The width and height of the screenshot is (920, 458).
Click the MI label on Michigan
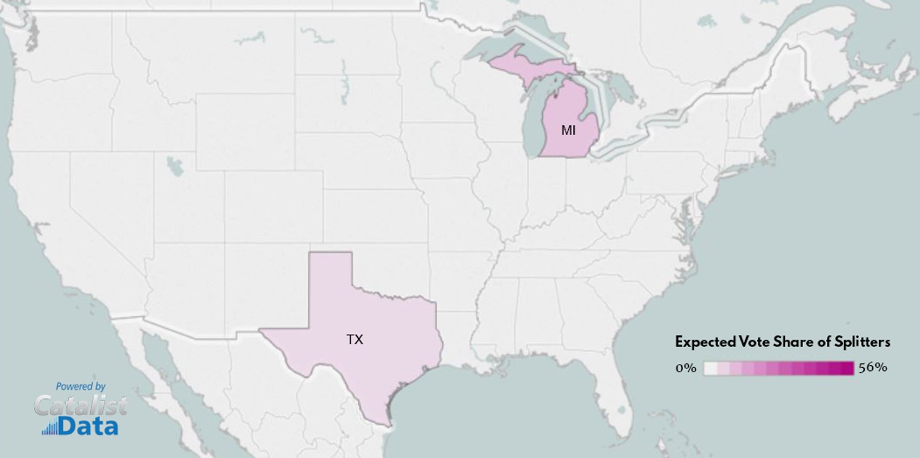[x=568, y=131]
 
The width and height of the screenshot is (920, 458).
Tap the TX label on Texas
[x=354, y=340]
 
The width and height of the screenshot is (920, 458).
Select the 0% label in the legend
[x=686, y=368]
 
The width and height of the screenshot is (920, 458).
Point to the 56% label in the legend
[x=873, y=367]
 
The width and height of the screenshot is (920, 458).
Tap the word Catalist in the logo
[x=81, y=406]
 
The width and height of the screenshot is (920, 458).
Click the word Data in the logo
[x=88, y=426]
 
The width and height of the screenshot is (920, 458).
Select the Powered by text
[x=81, y=386]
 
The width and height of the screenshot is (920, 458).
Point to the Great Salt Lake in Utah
[x=175, y=166]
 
